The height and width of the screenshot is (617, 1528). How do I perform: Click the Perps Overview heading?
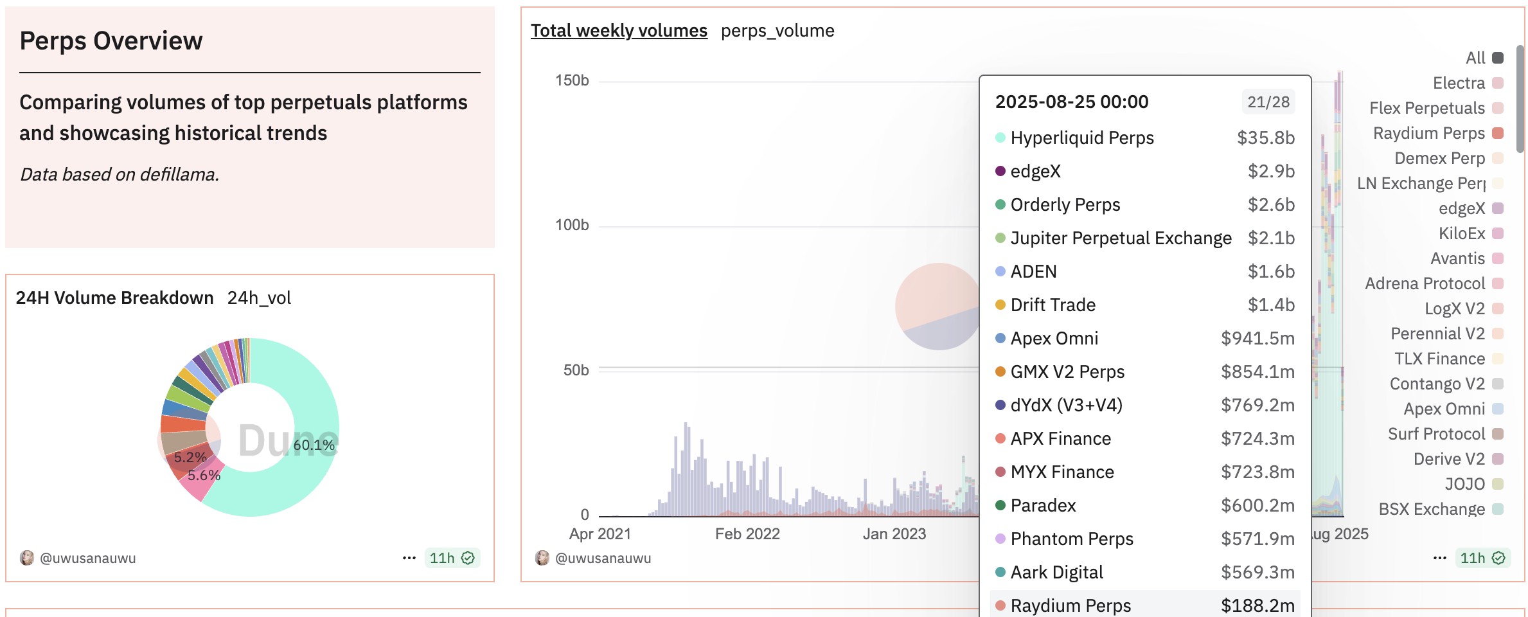point(111,40)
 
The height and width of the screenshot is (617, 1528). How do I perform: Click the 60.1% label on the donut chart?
point(314,445)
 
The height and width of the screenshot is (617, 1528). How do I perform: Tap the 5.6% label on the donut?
point(204,475)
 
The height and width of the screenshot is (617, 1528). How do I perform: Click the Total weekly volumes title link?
point(619,30)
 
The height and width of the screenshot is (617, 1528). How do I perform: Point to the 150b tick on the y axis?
point(572,80)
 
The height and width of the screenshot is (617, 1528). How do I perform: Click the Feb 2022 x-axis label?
point(747,533)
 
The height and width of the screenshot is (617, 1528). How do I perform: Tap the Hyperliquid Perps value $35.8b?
point(1266,138)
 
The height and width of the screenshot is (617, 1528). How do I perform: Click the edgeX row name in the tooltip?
point(1036,171)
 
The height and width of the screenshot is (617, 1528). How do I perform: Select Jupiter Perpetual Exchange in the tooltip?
point(1121,238)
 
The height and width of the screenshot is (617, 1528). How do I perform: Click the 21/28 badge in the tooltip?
point(1268,102)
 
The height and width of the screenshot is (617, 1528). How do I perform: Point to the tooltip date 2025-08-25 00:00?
point(1072,102)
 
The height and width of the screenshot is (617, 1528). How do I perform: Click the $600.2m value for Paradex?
point(1257,505)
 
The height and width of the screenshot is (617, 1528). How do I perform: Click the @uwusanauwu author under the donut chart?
point(88,558)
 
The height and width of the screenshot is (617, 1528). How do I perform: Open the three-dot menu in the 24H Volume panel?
point(409,558)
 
